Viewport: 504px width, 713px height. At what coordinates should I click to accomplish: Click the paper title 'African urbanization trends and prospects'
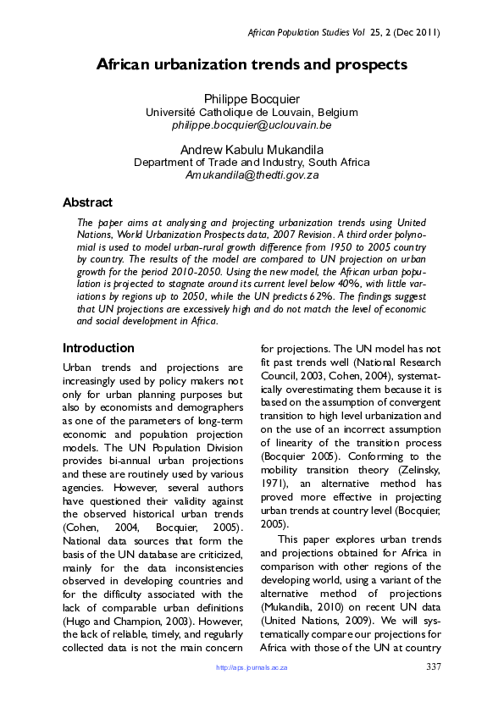pos(252,64)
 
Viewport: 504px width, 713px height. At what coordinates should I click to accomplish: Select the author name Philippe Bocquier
pos(252,100)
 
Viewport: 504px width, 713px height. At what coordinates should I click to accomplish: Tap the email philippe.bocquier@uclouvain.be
pos(252,124)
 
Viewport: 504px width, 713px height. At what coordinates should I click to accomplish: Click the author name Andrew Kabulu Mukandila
pos(252,150)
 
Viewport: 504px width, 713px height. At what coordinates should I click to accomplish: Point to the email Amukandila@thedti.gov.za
pos(252,174)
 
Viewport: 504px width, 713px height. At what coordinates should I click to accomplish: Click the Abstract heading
pos(87,202)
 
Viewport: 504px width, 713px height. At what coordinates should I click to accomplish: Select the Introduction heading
pos(98,348)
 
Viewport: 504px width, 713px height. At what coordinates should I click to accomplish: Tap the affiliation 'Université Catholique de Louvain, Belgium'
pos(252,113)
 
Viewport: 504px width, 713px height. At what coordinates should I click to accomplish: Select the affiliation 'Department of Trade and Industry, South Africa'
pos(252,163)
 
